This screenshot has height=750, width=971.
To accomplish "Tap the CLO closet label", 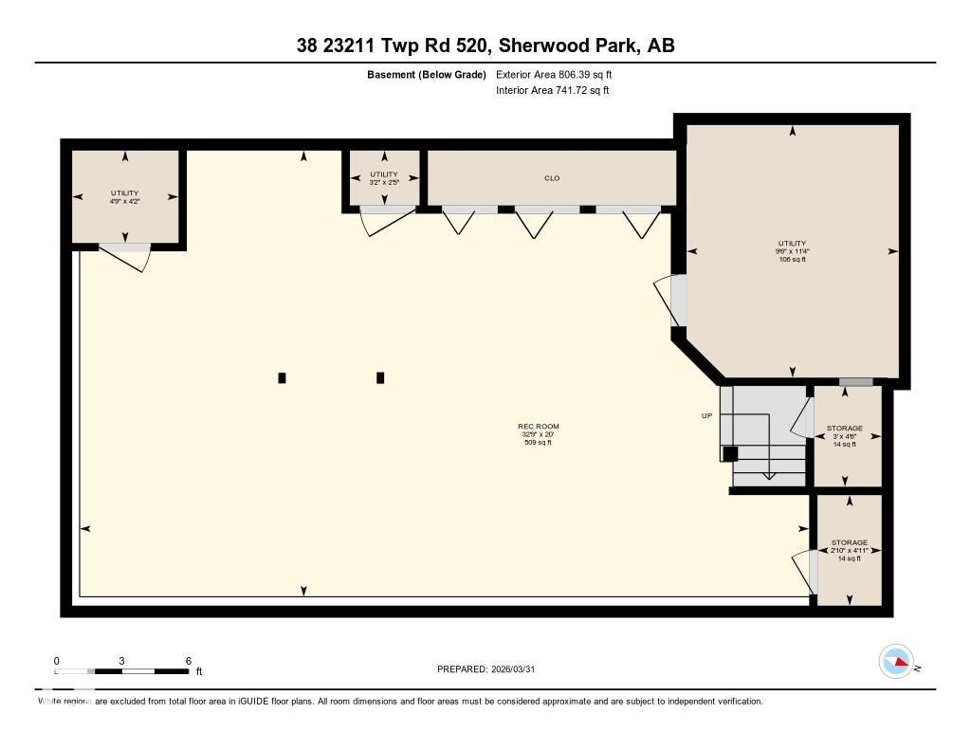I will [x=551, y=177].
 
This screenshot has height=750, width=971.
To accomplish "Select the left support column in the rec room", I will [x=282, y=377].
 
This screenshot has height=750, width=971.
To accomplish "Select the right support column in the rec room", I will [x=380, y=377].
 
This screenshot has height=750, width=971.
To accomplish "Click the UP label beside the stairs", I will [x=706, y=415].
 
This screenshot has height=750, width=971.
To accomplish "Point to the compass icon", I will [x=895, y=661].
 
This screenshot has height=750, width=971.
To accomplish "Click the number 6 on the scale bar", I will [x=189, y=661].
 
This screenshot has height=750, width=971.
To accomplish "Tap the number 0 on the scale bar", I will [x=57, y=661].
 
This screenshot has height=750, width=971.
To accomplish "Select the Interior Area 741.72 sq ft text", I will [x=552, y=91].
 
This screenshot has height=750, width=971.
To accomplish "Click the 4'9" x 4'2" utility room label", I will [x=124, y=197].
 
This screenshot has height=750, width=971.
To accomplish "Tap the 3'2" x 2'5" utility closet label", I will [x=384, y=178].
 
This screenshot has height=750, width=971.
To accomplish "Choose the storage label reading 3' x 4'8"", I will [x=844, y=436].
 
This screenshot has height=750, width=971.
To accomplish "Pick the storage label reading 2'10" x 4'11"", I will [x=849, y=550].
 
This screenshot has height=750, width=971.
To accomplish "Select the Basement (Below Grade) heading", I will [x=427, y=74].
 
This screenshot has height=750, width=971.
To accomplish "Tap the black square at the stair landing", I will [x=730, y=454].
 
